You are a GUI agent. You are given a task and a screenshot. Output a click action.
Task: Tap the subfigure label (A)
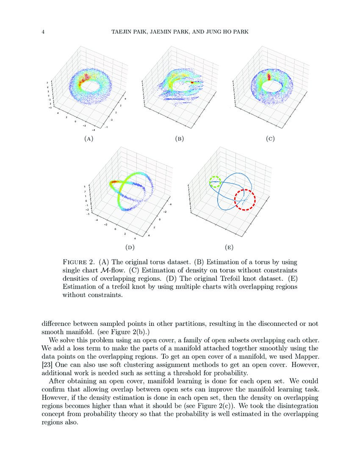pyautogui.click(x=89, y=139)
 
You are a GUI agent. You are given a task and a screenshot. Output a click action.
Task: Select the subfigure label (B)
pyautogui.click(x=179, y=139)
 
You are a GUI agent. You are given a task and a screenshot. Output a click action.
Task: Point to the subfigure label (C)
pyautogui.click(x=270, y=139)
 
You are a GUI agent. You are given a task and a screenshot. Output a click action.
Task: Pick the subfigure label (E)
pyautogui.click(x=229, y=247)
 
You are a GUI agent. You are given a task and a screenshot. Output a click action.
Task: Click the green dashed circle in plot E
pyautogui.click(x=216, y=182)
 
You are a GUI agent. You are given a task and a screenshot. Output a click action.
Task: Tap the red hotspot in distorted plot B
pyautogui.click(x=195, y=82)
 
